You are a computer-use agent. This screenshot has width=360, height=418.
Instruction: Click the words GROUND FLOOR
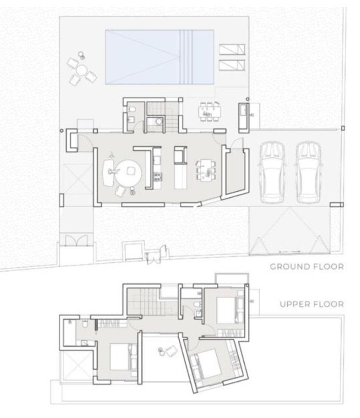pos(307,267)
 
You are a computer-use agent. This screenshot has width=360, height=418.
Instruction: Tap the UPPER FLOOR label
pos(312,304)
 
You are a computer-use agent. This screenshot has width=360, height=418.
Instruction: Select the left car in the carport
pos(272,173)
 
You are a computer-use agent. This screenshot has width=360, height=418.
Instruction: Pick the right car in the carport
pos(309,173)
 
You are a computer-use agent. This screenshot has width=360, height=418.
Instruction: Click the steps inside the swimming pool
pos(186,57)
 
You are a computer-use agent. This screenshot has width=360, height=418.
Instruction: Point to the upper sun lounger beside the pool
pos(232,49)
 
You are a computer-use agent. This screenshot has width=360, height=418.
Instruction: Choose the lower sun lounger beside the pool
pos(232,65)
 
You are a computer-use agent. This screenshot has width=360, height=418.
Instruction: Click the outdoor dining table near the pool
pos(210,111)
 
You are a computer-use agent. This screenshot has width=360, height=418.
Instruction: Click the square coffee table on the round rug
pos(131,170)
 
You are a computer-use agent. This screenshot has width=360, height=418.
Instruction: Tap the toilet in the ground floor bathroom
pos(132,109)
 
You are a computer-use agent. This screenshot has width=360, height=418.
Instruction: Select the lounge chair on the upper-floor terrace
pos(171,351)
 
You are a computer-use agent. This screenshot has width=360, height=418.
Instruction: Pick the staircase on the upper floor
pos(152,302)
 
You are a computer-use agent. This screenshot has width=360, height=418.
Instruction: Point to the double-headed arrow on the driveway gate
pos(289,251)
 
